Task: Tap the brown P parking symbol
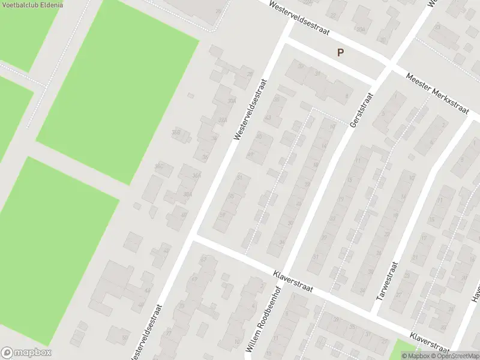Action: pos(340,52)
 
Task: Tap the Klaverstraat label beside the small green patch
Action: pos(429,341)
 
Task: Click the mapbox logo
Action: pos(26,353)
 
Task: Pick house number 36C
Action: pos(160,166)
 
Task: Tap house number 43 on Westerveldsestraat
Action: pos(268,118)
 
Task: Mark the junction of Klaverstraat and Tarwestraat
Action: pos(376,314)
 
